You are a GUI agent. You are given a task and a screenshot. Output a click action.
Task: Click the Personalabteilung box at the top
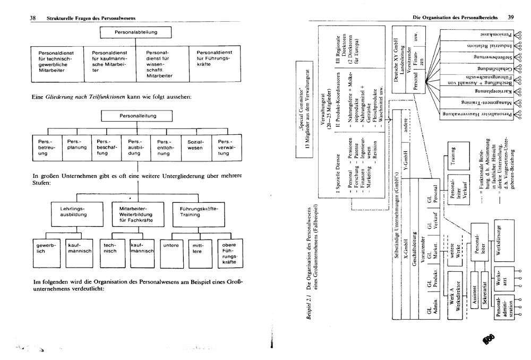[136, 32]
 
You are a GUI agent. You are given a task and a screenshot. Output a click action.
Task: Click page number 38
[32, 18]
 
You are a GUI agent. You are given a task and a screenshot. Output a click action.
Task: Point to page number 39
[510, 18]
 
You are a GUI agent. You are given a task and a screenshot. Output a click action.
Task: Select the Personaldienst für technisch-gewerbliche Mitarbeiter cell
[57, 63]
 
